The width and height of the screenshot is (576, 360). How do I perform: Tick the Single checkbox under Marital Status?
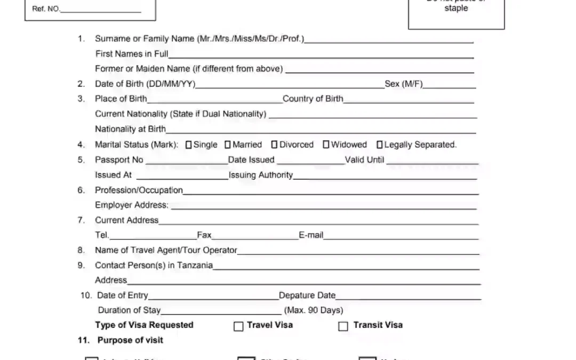click(x=188, y=145)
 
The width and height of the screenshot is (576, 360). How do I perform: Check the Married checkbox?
click(x=228, y=145)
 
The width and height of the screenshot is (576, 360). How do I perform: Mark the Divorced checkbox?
click(x=274, y=145)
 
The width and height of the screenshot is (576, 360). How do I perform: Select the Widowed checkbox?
click(x=326, y=145)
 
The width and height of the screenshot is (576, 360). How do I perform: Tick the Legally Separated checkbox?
click(x=380, y=145)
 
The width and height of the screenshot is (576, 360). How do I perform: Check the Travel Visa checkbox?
click(x=238, y=326)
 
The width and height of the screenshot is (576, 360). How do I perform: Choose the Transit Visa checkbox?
click(x=343, y=326)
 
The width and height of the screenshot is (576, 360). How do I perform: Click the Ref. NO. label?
click(x=46, y=9)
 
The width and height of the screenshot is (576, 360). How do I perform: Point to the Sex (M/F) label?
click(x=404, y=84)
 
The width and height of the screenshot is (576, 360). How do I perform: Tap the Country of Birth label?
click(x=313, y=99)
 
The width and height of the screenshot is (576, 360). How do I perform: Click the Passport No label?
click(x=119, y=159)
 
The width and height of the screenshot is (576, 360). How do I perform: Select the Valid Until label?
click(x=364, y=159)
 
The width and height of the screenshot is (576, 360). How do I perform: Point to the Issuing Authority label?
click(x=261, y=175)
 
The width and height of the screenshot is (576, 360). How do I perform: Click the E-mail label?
click(x=311, y=235)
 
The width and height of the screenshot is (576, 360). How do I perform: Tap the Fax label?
click(x=204, y=235)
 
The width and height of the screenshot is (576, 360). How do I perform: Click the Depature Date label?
click(x=307, y=295)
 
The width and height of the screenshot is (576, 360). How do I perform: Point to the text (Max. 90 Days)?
click(x=314, y=310)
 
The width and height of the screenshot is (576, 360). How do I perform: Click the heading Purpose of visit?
click(x=130, y=340)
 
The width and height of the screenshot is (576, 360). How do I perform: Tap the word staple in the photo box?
click(x=456, y=9)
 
